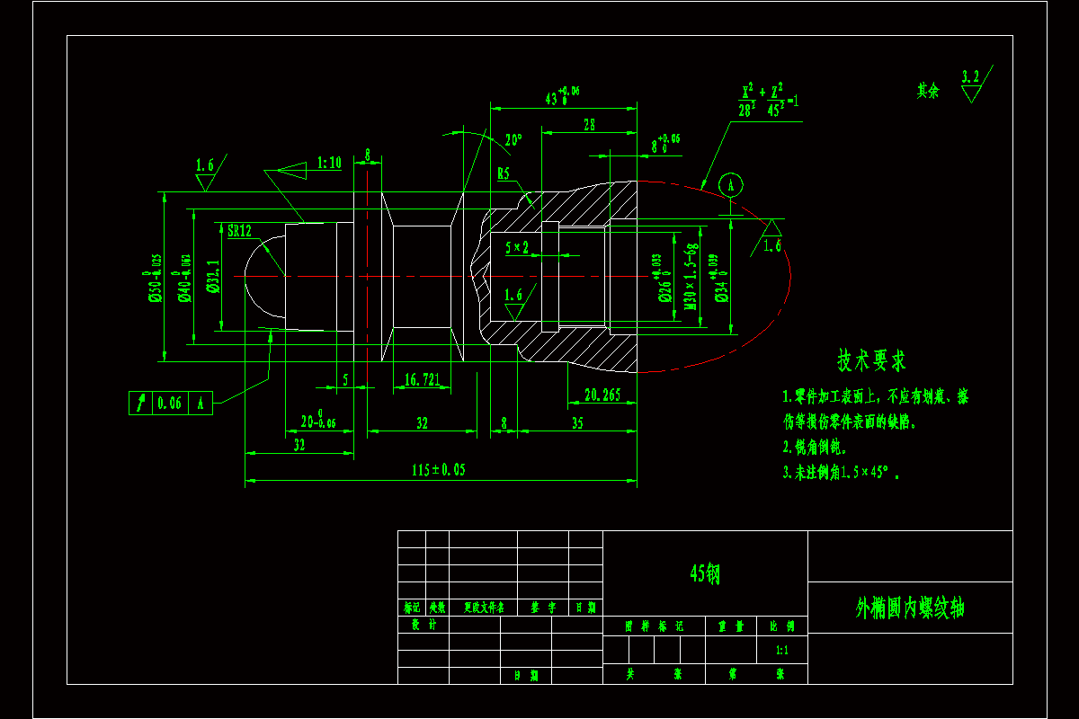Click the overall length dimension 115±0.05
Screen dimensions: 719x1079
click(x=439, y=470)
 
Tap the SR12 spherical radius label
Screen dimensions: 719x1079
click(x=239, y=231)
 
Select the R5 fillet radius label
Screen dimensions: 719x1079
click(x=504, y=173)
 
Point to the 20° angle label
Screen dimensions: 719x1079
click(x=513, y=141)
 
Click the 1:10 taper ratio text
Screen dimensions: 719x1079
click(x=330, y=163)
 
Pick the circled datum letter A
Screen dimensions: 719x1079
click(x=732, y=186)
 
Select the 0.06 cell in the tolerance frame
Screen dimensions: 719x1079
click(x=169, y=404)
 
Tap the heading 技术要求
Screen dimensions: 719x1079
click(x=871, y=361)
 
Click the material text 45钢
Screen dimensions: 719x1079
click(x=705, y=573)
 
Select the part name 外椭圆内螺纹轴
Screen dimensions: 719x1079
click(x=910, y=608)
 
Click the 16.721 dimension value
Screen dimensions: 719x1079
click(x=423, y=380)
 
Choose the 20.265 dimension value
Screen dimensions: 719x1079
click(x=602, y=395)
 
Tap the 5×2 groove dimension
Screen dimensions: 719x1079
click(x=517, y=246)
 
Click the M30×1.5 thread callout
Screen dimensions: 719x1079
click(x=691, y=276)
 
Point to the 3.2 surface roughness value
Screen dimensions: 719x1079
click(x=970, y=76)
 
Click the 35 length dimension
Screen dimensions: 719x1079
click(x=577, y=422)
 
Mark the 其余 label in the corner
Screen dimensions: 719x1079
click(x=928, y=91)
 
